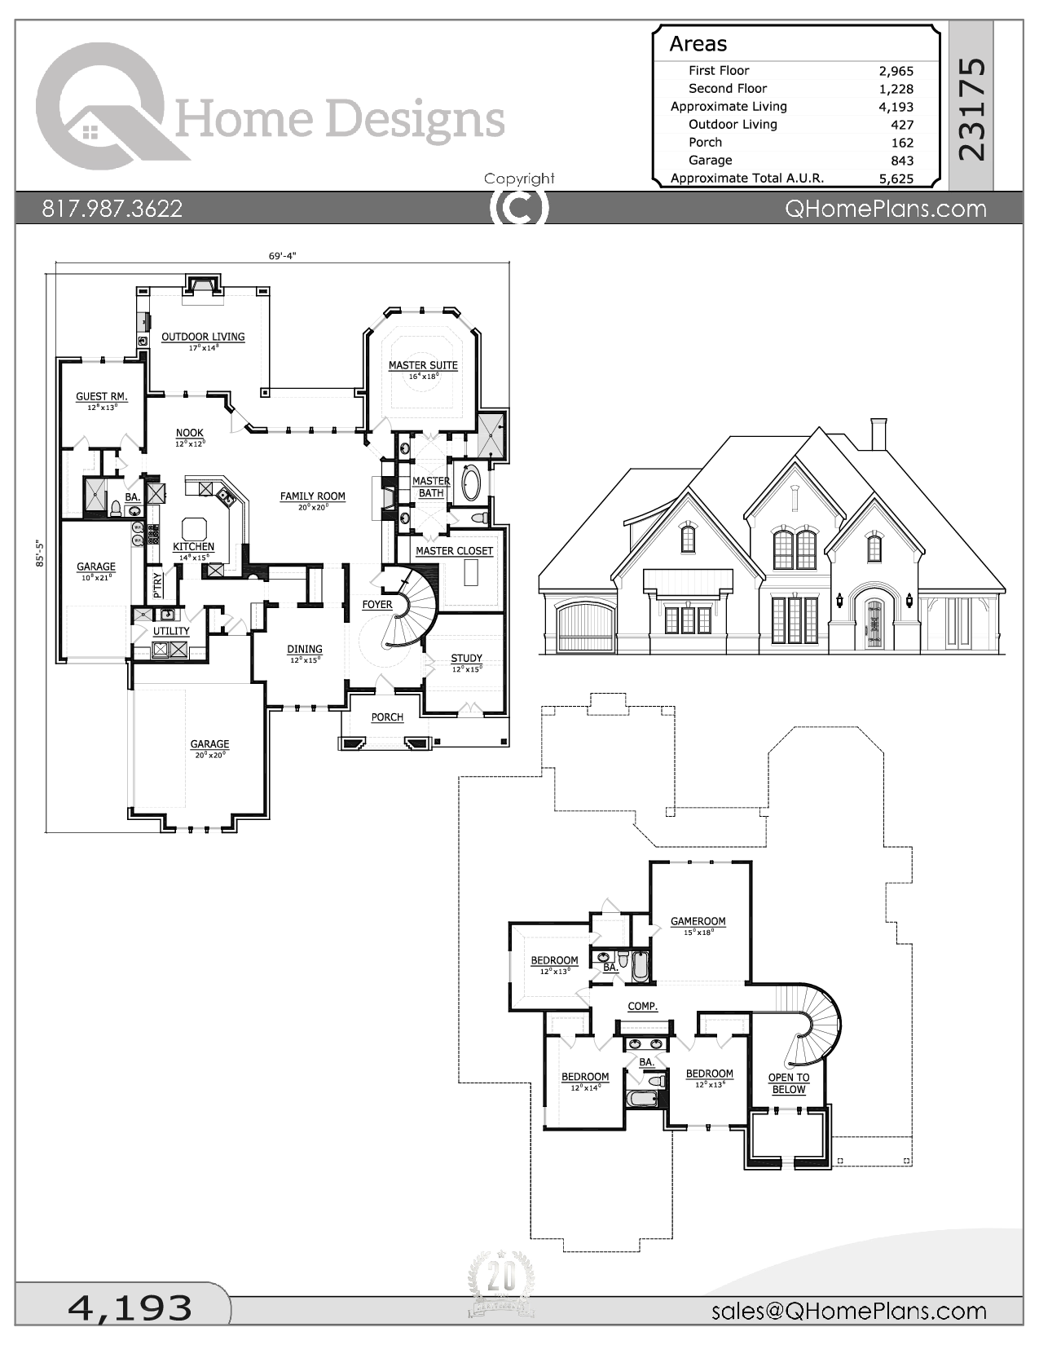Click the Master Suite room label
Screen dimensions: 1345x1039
[x=422, y=365]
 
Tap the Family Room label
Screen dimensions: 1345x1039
[x=312, y=496]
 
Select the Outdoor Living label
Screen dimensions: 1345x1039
[x=203, y=337]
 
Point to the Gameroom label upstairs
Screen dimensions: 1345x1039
[x=698, y=921]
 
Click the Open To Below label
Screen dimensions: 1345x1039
[x=788, y=1083]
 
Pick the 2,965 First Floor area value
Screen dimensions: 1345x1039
[x=896, y=71]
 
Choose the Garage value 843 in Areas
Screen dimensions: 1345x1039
[x=902, y=161]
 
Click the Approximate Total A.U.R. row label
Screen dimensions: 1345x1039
[x=746, y=178]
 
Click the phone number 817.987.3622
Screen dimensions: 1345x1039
[x=112, y=209]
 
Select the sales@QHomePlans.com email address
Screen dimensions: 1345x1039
[x=848, y=1311]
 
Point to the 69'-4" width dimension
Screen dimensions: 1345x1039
[x=282, y=256]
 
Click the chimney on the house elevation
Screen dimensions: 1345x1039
[x=878, y=434]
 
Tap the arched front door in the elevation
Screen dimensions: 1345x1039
[x=874, y=624]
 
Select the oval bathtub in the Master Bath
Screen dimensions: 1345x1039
[x=471, y=482]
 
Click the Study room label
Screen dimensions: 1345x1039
[x=466, y=658]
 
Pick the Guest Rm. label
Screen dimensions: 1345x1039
[x=102, y=396]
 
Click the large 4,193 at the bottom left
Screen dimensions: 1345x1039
[x=130, y=1308]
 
